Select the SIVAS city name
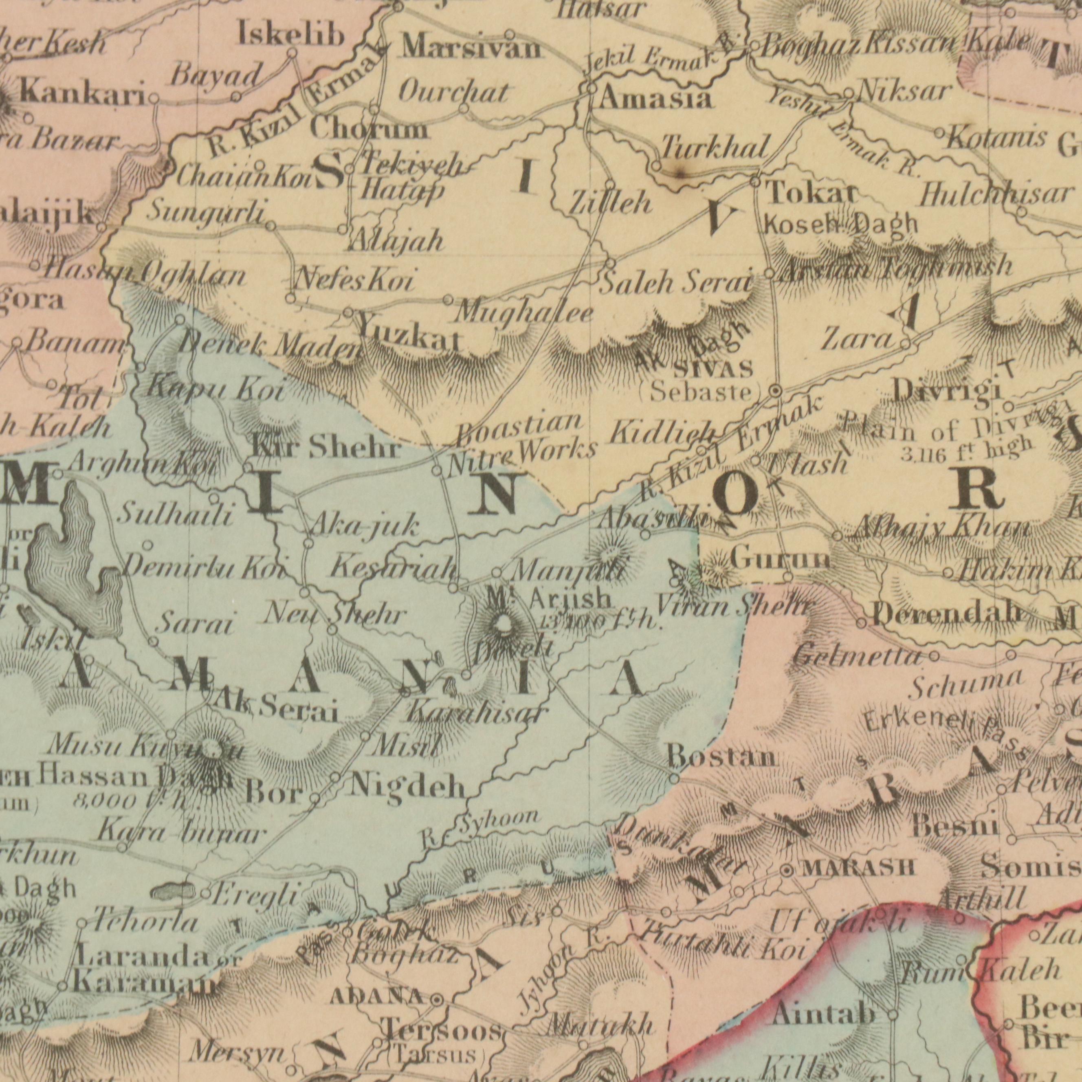click(713, 369)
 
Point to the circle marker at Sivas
click(776, 391)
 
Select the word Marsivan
click(472, 49)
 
